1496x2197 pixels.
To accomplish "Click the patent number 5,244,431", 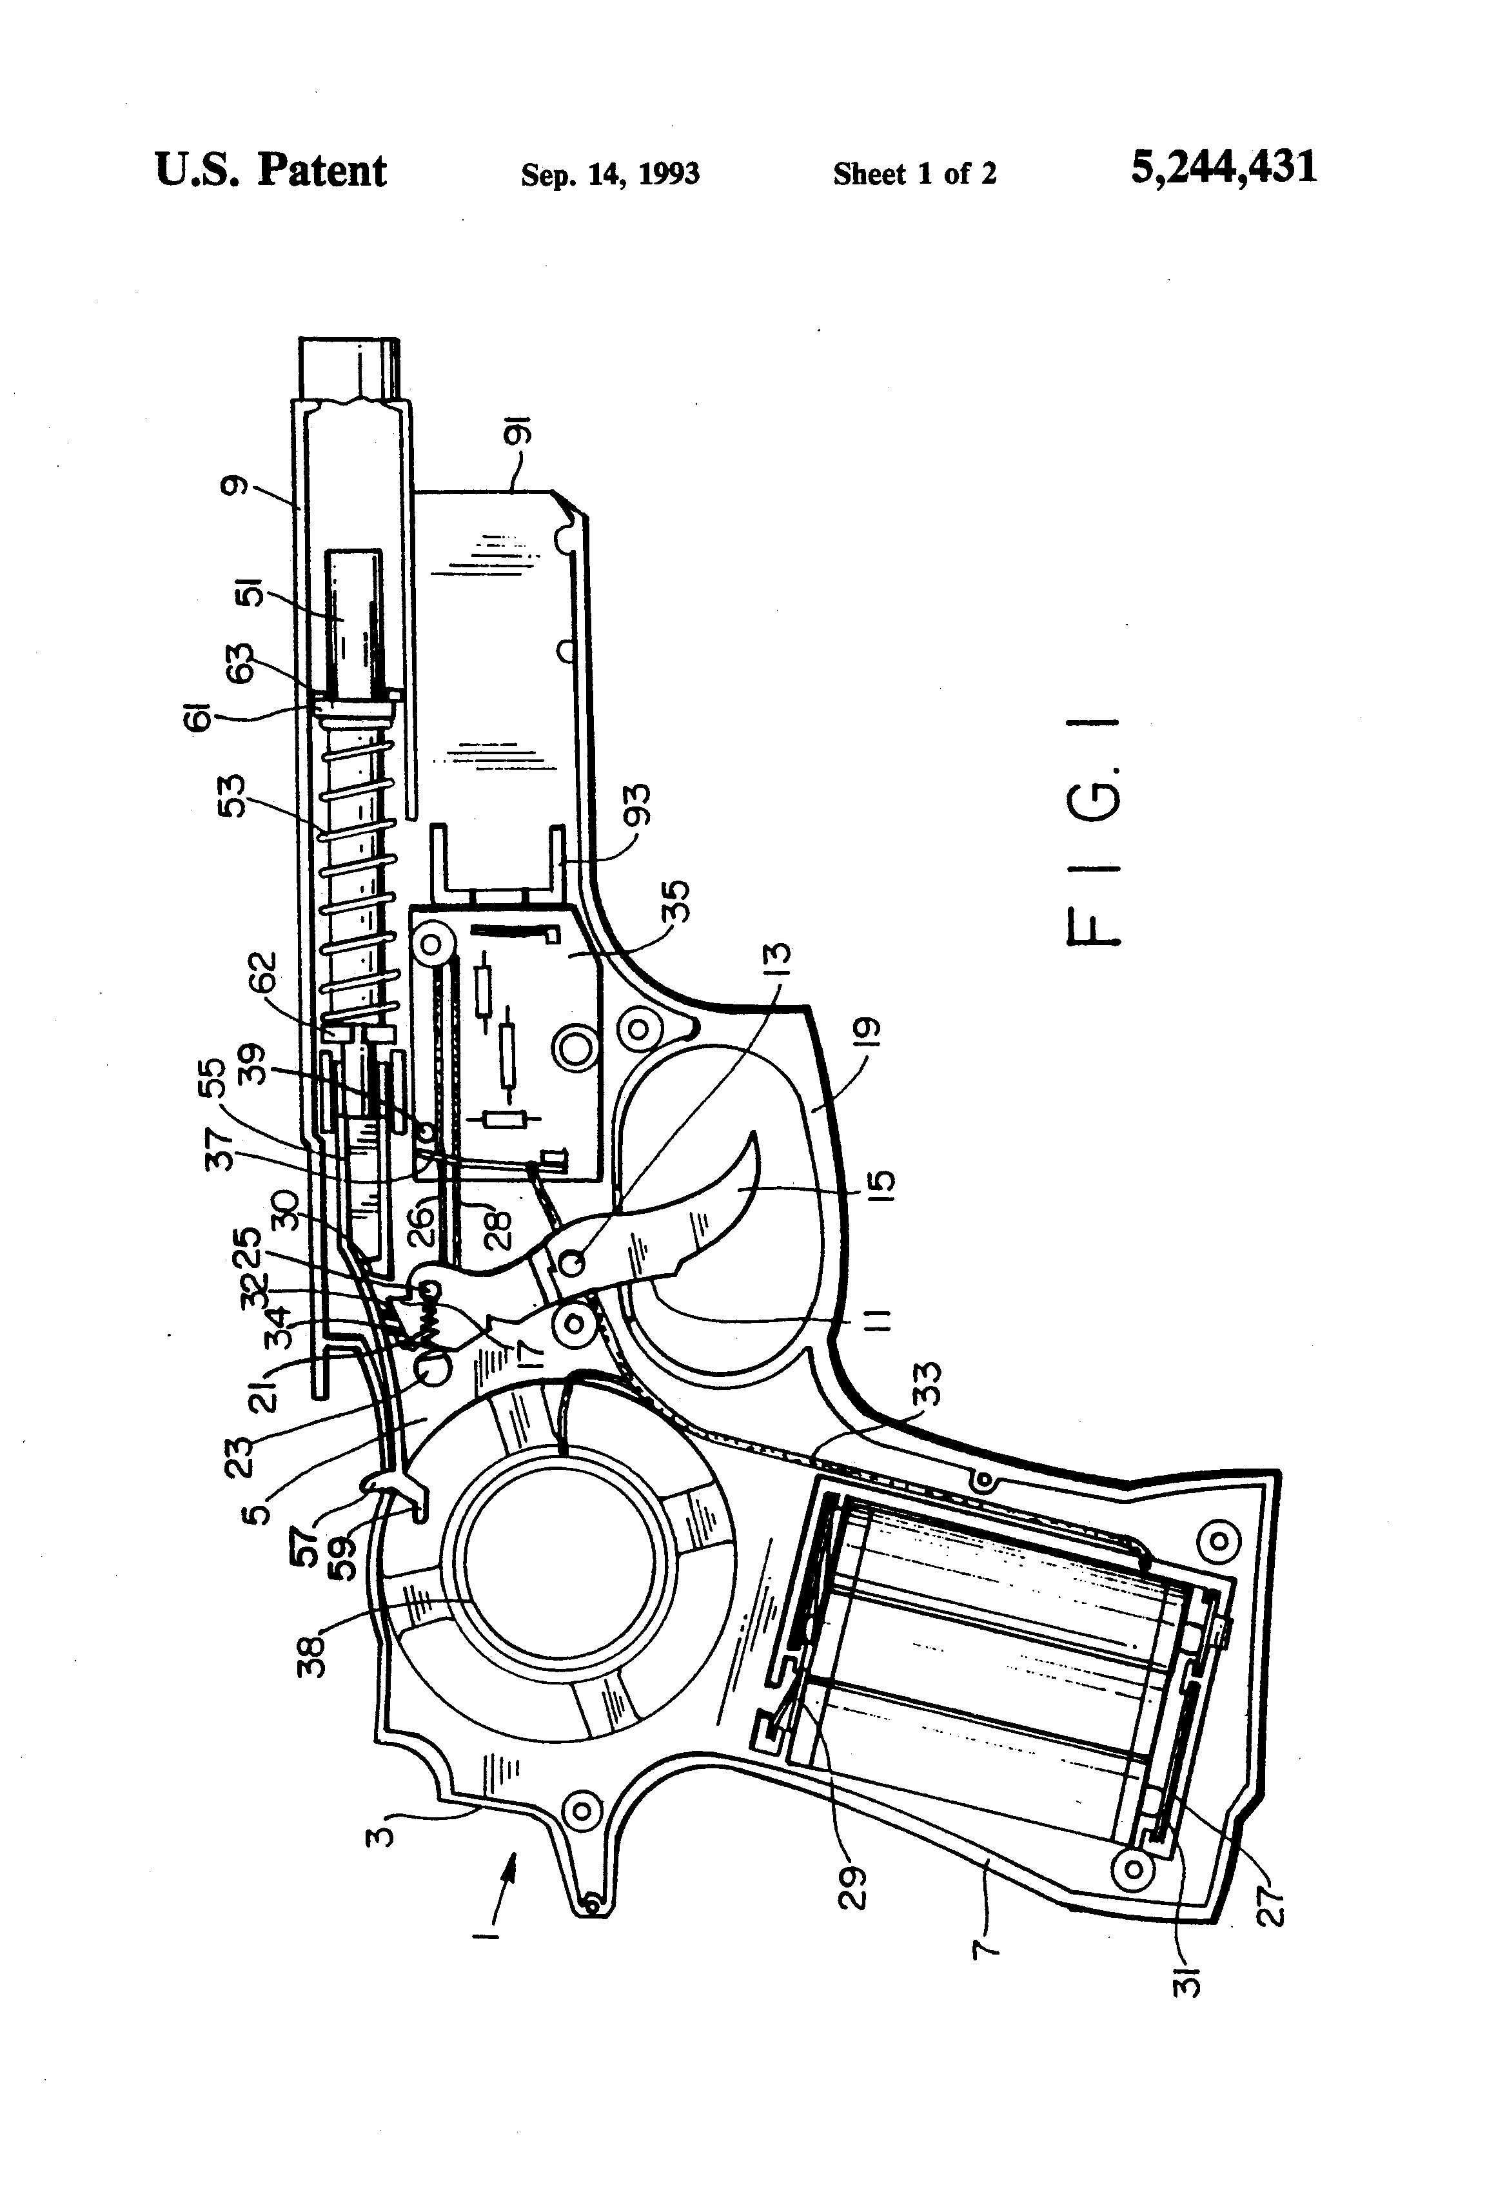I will pyautogui.click(x=1223, y=168).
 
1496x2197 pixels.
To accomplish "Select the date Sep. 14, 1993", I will pyautogui.click(x=610, y=174).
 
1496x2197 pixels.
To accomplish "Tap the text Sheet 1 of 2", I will pyautogui.click(x=914, y=174).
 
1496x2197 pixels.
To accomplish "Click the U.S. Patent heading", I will pyautogui.click(x=270, y=171).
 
